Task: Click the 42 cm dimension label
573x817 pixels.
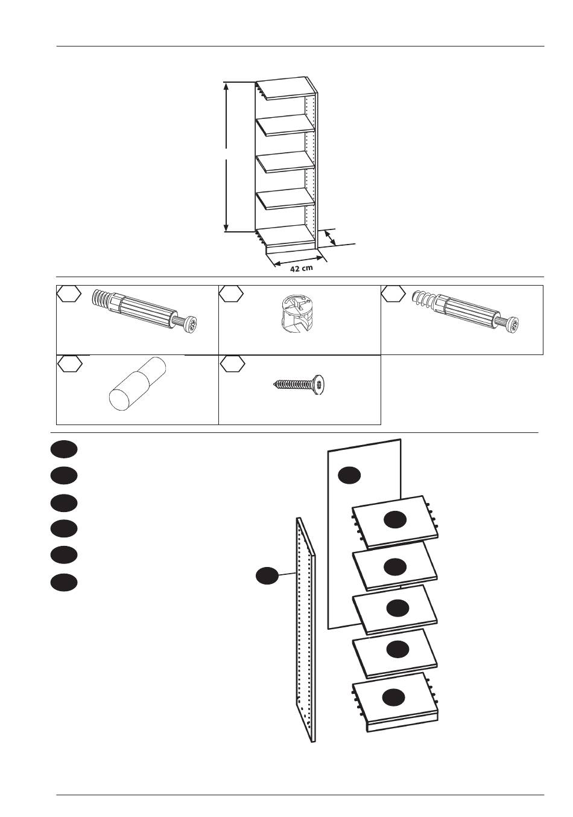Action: point(301,268)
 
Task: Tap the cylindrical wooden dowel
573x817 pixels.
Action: point(138,384)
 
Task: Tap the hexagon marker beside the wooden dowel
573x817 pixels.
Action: point(70,364)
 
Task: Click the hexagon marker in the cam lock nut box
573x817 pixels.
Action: point(232,294)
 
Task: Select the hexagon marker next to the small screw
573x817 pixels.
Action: point(232,364)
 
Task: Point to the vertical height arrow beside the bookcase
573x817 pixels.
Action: point(227,157)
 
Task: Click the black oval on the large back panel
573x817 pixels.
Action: point(349,475)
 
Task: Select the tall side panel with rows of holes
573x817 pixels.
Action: point(304,628)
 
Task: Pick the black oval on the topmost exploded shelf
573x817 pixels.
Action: point(395,519)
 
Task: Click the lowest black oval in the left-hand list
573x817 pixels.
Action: point(64,582)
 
